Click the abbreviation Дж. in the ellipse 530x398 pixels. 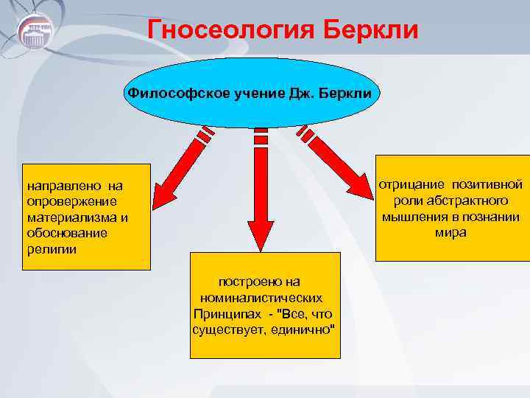click(x=300, y=94)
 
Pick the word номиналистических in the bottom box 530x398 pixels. click(x=261, y=298)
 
